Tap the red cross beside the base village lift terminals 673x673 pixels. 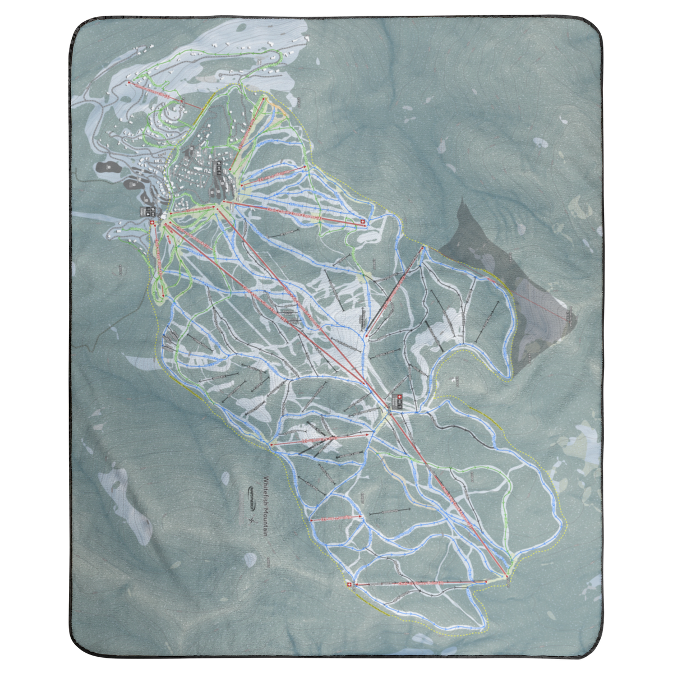(x=151, y=223)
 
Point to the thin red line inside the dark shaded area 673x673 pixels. (x=538, y=303)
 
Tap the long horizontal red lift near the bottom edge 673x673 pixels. (x=421, y=583)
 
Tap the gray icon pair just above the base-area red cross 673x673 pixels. (x=150, y=211)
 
